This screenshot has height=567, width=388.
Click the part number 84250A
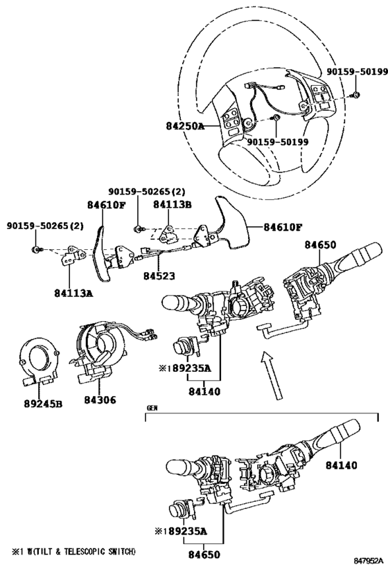tap(185, 127)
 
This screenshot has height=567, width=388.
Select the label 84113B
tap(172, 204)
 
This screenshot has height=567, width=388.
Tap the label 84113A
tap(73, 294)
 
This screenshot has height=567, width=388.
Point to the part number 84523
tap(159, 276)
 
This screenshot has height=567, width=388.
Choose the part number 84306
tap(100, 399)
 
